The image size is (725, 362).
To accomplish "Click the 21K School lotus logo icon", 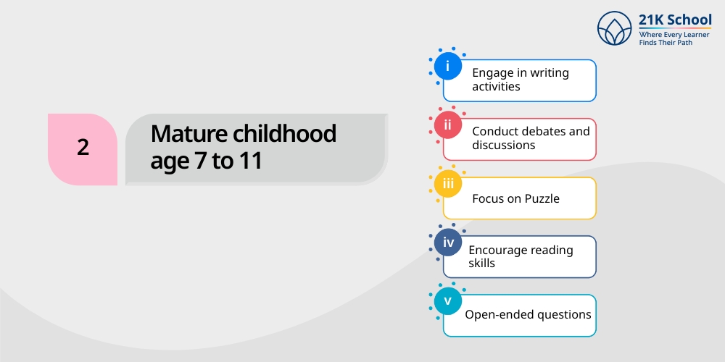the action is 614,28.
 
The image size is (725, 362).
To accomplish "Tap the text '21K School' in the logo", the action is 675,20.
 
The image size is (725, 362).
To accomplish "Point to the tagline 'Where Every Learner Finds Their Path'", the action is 674,38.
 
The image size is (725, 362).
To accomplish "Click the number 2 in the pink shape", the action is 83,148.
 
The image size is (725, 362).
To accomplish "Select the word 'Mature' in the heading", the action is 189,134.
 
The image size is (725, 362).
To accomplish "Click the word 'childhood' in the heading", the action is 284,133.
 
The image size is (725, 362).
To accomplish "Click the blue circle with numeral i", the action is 447,66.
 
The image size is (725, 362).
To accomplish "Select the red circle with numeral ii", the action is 447,125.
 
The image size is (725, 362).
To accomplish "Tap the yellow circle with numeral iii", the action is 447,183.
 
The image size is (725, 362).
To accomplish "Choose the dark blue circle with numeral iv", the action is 447,243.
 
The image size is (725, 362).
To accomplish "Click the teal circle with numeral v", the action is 447,301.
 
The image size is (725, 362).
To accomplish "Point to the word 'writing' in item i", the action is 550,73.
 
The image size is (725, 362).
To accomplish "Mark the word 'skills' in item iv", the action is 482,264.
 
